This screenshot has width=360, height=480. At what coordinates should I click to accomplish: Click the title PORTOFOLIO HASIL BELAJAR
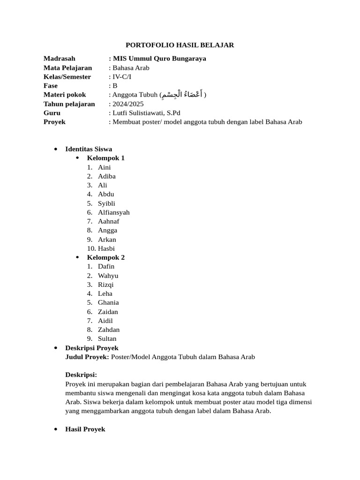[180, 45]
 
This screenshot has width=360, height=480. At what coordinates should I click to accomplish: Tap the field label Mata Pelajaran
[67, 67]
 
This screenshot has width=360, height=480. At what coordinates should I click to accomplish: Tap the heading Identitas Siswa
[88, 149]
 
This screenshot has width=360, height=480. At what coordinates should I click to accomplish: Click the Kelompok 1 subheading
[105, 158]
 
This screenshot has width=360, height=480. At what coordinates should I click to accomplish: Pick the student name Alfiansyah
[113, 212]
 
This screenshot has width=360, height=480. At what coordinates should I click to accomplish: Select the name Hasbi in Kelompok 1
[106, 248]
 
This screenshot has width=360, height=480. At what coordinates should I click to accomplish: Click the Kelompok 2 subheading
[105, 257]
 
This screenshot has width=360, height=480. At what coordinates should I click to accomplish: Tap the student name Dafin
[106, 266]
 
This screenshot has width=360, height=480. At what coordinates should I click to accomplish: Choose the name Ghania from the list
[108, 302]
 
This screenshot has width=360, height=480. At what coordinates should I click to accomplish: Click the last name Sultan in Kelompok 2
[107, 338]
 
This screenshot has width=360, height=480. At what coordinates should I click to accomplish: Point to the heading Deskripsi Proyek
[91, 348]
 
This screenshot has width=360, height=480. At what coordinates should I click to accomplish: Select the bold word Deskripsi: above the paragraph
[81, 375]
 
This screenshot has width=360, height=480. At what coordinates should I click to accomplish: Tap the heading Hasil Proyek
[85, 429]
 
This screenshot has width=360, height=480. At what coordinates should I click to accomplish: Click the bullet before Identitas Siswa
[56, 149]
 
